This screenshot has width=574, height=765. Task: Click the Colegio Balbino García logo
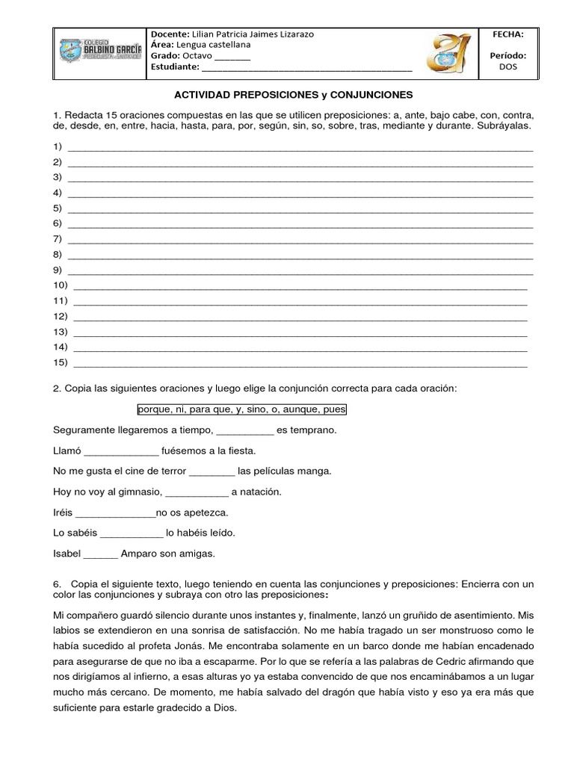click(100, 51)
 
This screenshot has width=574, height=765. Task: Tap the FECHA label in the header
click(507, 34)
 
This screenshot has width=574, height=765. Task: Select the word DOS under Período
click(507, 66)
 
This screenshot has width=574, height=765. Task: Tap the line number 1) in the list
click(58, 146)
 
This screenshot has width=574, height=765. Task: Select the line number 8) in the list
click(58, 255)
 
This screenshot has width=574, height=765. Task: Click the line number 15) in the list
click(61, 363)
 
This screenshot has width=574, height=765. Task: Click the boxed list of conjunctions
click(242, 410)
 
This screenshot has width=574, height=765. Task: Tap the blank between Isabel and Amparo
click(100, 554)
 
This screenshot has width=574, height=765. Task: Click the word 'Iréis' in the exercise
click(64, 513)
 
